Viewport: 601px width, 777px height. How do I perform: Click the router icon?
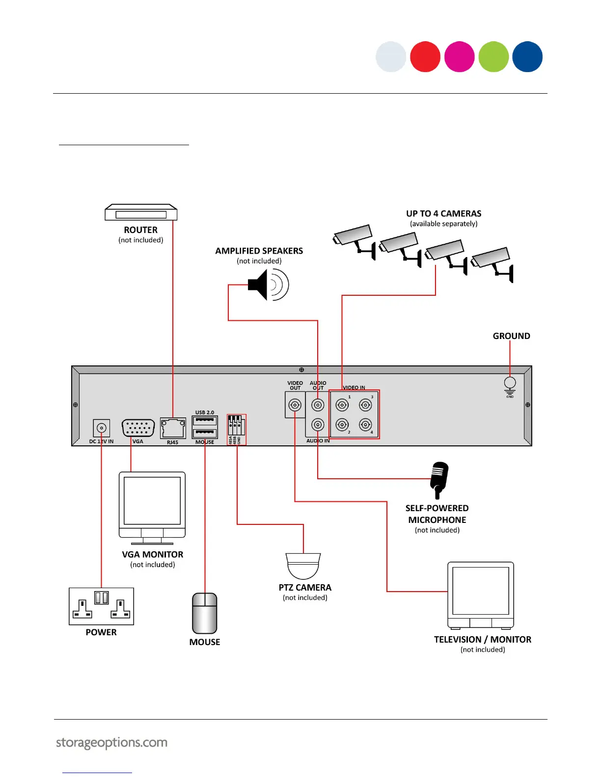141,213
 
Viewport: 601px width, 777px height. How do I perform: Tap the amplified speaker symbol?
268,285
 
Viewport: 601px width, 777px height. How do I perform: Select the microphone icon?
439,479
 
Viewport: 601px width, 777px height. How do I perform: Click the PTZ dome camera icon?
303,566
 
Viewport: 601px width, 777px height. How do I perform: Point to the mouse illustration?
205,613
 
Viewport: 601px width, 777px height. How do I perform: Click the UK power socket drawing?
101,606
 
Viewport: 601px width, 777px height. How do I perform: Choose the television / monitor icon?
481,595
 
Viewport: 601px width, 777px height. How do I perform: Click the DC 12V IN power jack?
102,428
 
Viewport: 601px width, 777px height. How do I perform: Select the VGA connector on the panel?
138,428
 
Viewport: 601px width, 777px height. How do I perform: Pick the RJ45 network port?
173,428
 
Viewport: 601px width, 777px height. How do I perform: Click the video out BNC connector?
295,405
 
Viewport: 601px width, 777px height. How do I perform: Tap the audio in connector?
318,425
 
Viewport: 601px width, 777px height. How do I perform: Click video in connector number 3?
365,405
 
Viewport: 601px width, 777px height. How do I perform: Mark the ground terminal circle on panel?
510,383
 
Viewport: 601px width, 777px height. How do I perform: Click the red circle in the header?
425,57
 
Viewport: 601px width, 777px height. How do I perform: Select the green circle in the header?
493,57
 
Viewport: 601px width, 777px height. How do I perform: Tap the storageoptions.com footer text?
112,743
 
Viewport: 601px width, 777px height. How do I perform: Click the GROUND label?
511,336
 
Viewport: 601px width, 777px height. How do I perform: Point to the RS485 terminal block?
236,429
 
